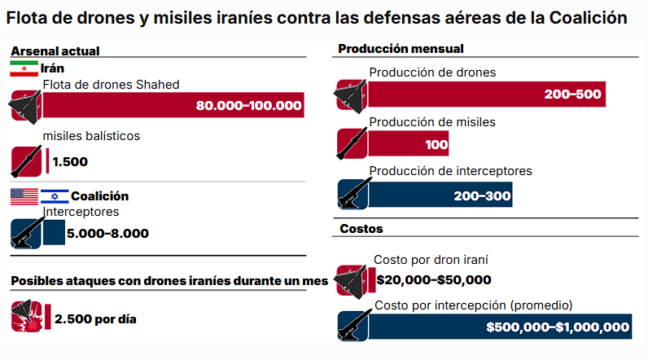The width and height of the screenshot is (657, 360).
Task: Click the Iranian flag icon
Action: pyautogui.click(x=24, y=68)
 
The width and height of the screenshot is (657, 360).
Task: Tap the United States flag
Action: pyautogui.click(x=24, y=196)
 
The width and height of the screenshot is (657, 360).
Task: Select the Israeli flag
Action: pyautogui.click(x=55, y=196)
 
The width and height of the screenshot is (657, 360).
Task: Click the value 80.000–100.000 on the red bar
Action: pyautogui.click(x=248, y=106)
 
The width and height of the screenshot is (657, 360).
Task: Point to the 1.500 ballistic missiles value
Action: pyautogui.click(x=69, y=161)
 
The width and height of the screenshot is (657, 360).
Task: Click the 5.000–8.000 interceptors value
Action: pyautogui.click(x=108, y=234)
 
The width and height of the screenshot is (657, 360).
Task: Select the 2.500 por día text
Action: pyautogui.click(x=95, y=318)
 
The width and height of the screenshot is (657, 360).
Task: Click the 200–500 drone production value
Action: pyautogui.click(x=573, y=94)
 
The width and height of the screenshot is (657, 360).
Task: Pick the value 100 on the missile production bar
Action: pyautogui.click(x=436, y=145)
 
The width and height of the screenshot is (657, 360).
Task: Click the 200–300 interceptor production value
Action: pyautogui.click(x=483, y=195)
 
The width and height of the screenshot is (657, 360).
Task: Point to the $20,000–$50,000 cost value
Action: pyautogui.click(x=434, y=280)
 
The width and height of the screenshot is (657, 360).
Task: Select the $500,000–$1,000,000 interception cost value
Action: pyautogui.click(x=558, y=327)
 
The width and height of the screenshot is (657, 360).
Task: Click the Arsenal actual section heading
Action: pyautogui.click(x=55, y=50)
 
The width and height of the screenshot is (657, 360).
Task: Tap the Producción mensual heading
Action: pyautogui.click(x=401, y=49)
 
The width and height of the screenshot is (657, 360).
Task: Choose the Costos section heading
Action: pyautogui.click(x=361, y=229)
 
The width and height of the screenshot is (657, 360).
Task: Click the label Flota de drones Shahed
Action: pyautogui.click(x=111, y=84)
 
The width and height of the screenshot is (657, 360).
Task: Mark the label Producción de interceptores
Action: pyautogui.click(x=450, y=171)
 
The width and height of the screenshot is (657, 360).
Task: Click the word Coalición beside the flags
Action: pyautogui.click(x=99, y=196)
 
